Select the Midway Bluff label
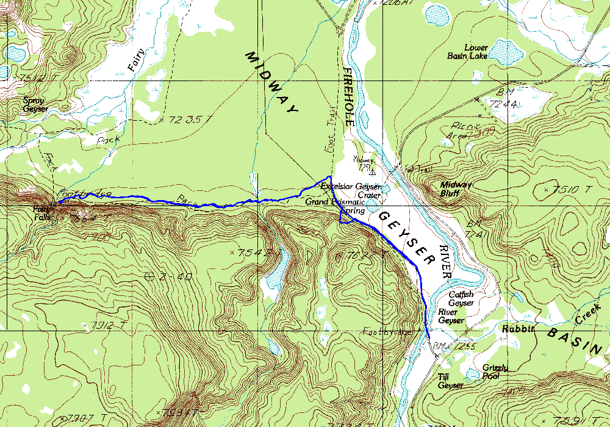click(452, 188)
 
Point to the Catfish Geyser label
click(461, 298)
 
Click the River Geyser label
click(451, 316)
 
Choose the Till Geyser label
click(450, 381)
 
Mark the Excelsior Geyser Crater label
click(351, 190)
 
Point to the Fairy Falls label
click(44, 212)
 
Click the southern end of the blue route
click(429, 339)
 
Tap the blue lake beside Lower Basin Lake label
click(506, 52)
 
